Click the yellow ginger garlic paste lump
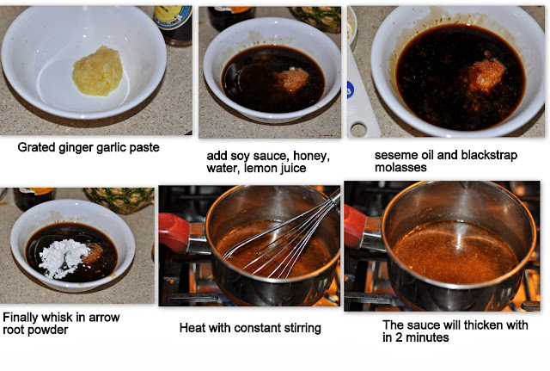tap(97, 71)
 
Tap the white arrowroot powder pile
tap(63, 258)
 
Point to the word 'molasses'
tap(400, 167)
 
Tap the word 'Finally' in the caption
tap(21, 318)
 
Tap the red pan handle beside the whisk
tap(175, 232)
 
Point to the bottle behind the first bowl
tap(173, 25)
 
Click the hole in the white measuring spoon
tap(358, 130)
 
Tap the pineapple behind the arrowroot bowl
tap(120, 200)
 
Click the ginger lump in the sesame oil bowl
tap(484, 75)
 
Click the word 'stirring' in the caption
tap(302, 328)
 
